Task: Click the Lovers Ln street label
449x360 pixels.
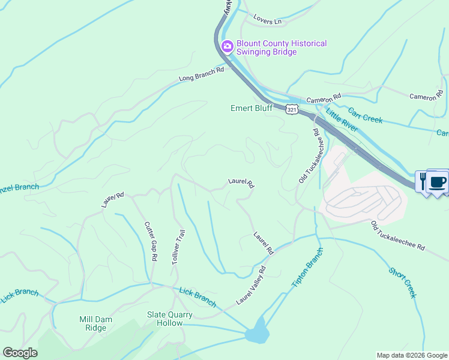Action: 267,21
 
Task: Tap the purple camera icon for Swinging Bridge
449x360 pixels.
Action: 228,46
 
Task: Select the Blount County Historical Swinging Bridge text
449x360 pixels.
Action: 282,48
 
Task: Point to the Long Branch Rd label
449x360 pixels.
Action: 201,74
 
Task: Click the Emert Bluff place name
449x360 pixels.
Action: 252,109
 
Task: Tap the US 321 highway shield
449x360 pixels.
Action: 291,110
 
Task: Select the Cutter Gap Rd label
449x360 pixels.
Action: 150,241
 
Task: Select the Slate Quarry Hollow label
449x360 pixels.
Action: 170,319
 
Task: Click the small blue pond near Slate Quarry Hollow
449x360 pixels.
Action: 257,332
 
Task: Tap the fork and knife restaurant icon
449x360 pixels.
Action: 423,181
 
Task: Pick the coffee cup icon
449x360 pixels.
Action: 438,181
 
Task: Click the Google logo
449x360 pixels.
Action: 20,353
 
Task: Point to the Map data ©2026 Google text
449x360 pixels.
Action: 412,355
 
